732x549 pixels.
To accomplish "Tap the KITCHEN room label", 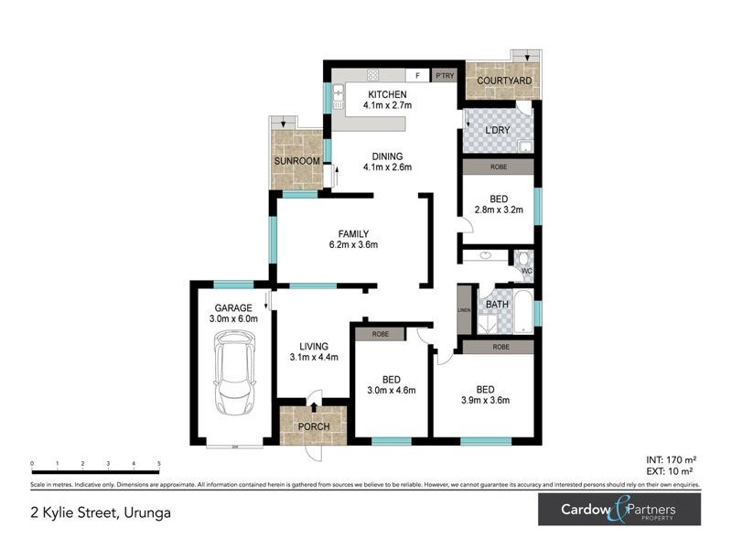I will pos(387,94).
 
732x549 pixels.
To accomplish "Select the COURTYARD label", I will pos(499,81).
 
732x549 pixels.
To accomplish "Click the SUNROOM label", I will pos(297,161).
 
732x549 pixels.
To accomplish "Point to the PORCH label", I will pos(313,425).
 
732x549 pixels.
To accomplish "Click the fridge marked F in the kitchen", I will pos(417,75).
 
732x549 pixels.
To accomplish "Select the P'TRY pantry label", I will pos(444,75).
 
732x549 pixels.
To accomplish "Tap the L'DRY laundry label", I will pos(497,131).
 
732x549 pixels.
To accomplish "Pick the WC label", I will pos(526,271).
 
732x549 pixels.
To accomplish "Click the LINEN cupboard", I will pos(464,309).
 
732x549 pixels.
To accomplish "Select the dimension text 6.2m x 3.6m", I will pos(353,244).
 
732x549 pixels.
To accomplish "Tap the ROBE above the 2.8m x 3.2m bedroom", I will pos(498,167).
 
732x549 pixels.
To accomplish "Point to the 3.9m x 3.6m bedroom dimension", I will pos(485,400).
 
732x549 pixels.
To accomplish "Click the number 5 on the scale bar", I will pos(159,465).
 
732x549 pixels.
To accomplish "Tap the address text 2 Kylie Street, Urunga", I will pos(101,512).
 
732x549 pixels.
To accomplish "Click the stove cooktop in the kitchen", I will pos(373,75).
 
